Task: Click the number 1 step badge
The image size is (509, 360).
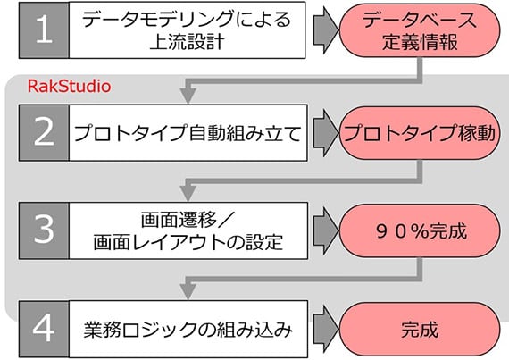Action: pyautogui.click(x=44, y=30)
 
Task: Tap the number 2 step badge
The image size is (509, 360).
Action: pyautogui.click(x=44, y=132)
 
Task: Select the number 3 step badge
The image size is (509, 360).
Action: pyautogui.click(x=44, y=230)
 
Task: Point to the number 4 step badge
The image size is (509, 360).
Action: pyautogui.click(x=44, y=329)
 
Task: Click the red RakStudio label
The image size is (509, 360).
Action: pyautogui.click(x=69, y=87)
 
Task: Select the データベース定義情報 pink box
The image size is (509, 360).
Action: pyautogui.click(x=420, y=30)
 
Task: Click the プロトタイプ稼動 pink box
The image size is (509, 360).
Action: pyautogui.click(x=420, y=133)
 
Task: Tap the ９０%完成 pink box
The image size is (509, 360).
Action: pyautogui.click(x=420, y=230)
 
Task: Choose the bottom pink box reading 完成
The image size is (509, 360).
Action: pyautogui.click(x=420, y=329)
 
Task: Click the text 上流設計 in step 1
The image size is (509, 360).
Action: pyautogui.click(x=188, y=42)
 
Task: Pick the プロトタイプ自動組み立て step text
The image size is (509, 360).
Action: pyautogui.click(x=188, y=133)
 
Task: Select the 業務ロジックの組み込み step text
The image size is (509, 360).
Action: pyautogui.click(x=188, y=330)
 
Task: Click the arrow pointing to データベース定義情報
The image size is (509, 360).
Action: pyautogui.click(x=326, y=30)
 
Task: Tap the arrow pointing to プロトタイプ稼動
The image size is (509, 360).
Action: pyautogui.click(x=326, y=133)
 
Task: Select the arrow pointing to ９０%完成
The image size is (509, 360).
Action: pyautogui.click(x=326, y=230)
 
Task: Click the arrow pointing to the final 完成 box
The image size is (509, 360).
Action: pyautogui.click(x=326, y=329)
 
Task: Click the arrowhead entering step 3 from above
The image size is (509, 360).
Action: pyautogui.click(x=188, y=194)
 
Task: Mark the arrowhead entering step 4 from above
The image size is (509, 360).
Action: pyautogui.click(x=188, y=292)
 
